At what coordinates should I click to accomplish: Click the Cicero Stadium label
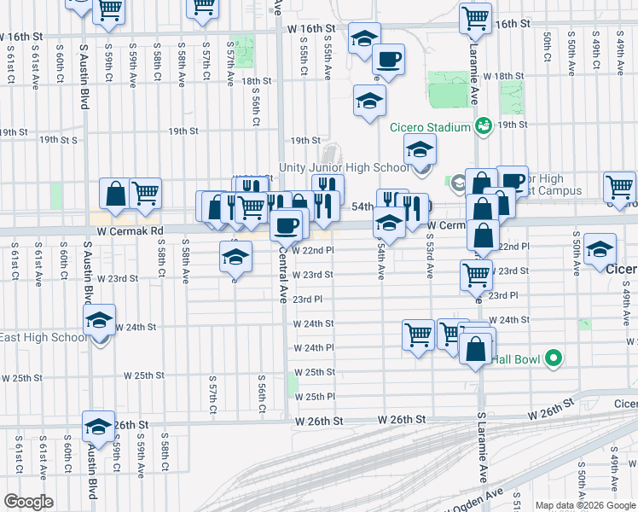pos(431,127)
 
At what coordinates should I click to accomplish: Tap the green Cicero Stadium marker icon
pos(484,126)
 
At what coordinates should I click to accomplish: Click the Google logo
pos(28,502)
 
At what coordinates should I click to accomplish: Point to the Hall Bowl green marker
pos(553,359)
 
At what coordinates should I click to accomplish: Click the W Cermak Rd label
pos(130,231)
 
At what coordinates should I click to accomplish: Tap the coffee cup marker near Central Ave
pos(285,224)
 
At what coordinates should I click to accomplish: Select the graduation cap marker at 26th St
pos(98,426)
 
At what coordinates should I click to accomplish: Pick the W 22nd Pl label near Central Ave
pos(313,250)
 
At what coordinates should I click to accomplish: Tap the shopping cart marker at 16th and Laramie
pos(475,17)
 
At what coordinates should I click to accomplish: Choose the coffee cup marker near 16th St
pos(388,59)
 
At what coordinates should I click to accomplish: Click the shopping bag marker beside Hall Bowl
pos(475,348)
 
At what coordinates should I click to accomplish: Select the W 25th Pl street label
pos(314,397)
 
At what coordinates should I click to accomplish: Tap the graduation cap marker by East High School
pos(99,321)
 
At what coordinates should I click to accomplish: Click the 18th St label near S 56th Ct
pos(256,81)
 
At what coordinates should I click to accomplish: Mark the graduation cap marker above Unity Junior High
pos(419,150)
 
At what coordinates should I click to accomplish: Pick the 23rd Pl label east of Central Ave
pos(308,300)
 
